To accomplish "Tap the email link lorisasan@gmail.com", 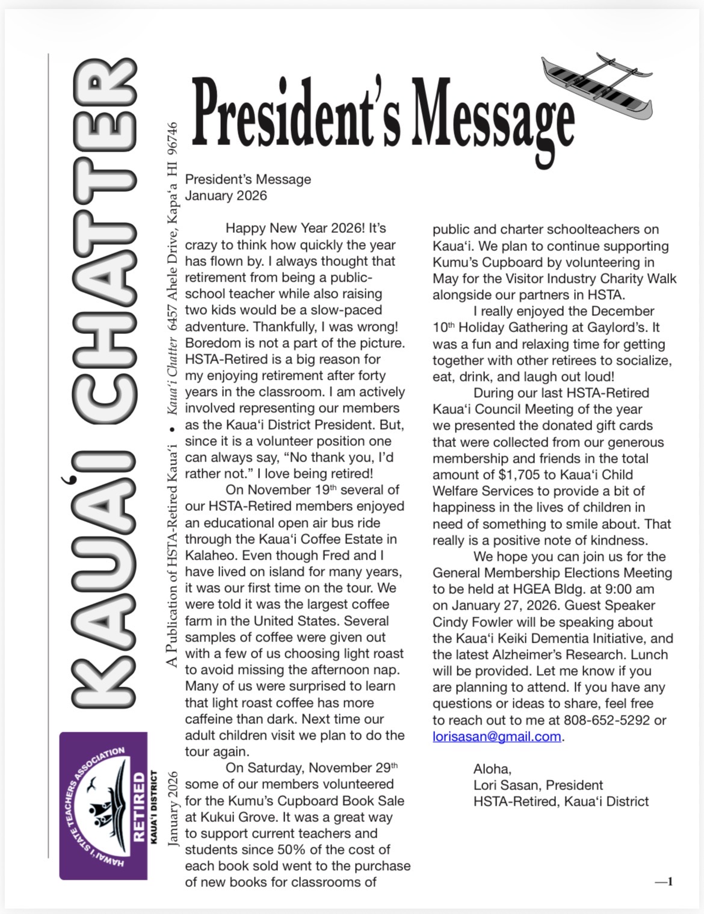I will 496,736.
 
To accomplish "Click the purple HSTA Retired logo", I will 103,806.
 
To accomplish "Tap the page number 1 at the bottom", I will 670,882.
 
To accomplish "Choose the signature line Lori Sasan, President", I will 538,785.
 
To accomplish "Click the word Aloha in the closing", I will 492,769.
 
